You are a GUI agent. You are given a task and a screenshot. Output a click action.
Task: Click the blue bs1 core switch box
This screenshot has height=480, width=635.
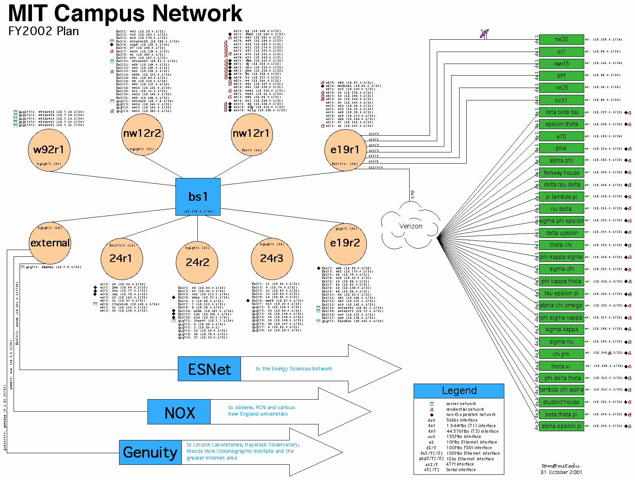coord(198,197)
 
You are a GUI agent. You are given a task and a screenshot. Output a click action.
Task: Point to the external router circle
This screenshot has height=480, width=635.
coord(50,243)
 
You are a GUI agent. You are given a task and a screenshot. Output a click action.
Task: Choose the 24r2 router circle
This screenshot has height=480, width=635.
coord(197,262)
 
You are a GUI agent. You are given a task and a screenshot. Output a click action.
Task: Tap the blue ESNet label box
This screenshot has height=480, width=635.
coord(209,369)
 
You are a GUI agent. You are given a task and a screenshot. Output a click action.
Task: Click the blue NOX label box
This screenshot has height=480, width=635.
coord(179,412)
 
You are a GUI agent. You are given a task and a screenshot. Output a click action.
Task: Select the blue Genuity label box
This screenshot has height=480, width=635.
coord(150,452)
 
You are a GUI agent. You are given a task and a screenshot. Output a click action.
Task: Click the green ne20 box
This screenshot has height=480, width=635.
coord(561,39)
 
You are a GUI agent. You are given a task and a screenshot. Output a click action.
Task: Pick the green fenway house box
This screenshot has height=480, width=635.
coord(561,173)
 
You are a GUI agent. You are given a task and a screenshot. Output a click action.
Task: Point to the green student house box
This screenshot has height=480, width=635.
coord(561,402)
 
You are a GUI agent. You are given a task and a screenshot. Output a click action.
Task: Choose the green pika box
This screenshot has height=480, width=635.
coord(561,148)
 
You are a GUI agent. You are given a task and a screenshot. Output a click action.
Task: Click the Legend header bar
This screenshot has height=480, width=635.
coord(459,391)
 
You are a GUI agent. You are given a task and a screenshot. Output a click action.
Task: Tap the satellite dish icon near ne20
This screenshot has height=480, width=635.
coord(484,34)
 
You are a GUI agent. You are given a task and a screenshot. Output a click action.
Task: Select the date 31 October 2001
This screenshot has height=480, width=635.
coord(561,472)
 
